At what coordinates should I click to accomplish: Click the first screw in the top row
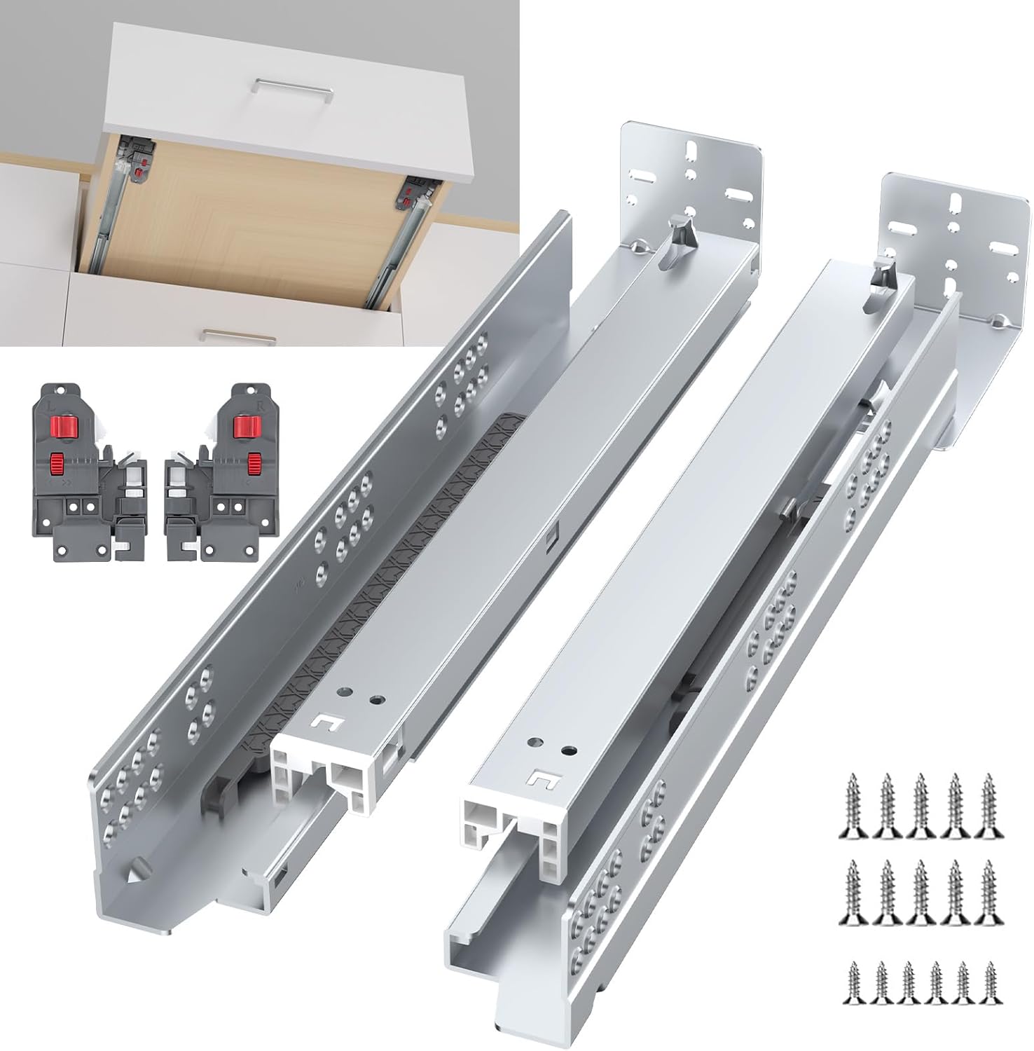tap(853, 806)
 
